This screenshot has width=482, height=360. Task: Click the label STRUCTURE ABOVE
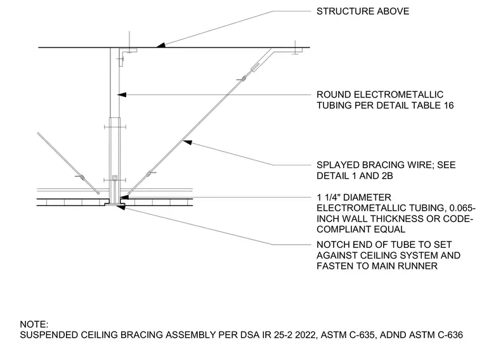pos(363,11)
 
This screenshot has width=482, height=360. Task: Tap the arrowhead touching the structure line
pos(160,45)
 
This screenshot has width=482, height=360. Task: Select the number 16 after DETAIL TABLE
pos(448,105)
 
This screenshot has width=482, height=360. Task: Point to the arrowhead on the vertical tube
pos(122,94)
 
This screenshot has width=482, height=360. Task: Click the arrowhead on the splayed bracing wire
pos(188,142)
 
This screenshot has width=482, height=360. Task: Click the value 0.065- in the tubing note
pos(462,208)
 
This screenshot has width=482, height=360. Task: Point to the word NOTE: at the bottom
pos(34,325)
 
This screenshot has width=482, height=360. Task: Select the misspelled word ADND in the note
pos(391,335)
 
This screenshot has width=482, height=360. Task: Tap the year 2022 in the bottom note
pos(306,335)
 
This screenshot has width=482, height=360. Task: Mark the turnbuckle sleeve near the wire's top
pos(256,67)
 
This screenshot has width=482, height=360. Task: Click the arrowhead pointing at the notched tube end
pos(120,207)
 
